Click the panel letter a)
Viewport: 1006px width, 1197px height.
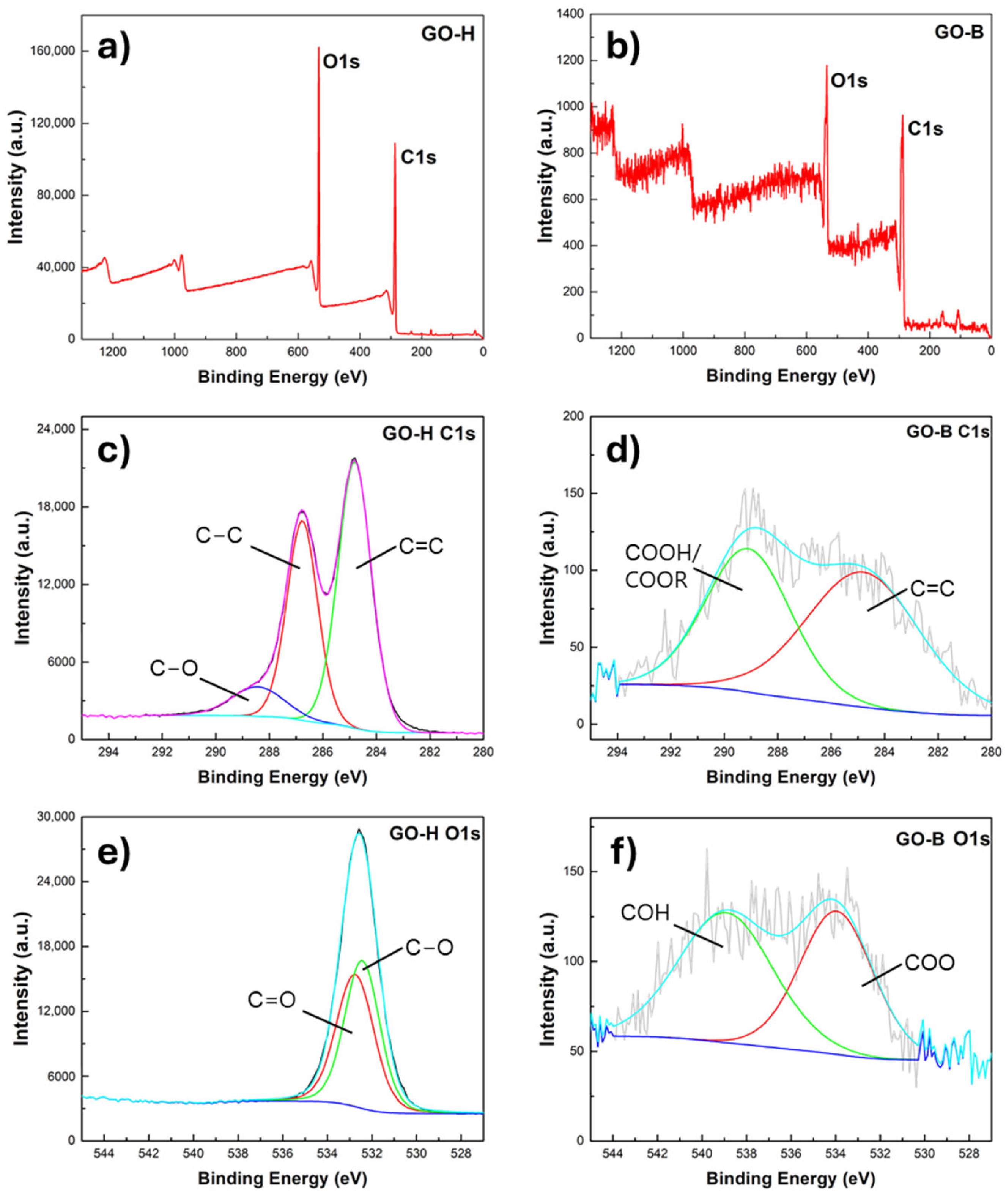tap(114, 47)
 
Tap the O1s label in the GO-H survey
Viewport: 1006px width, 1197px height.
tap(341, 61)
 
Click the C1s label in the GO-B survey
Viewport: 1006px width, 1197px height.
tap(925, 129)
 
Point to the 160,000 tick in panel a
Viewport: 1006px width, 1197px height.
tap(52, 51)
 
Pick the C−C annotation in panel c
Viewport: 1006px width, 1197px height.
tap(219, 535)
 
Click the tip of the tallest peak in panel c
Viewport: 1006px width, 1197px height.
tap(354, 459)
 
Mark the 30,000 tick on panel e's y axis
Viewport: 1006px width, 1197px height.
tap(55, 817)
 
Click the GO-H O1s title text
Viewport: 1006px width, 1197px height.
tap(435, 834)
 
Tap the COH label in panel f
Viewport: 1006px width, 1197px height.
tap(645, 913)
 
